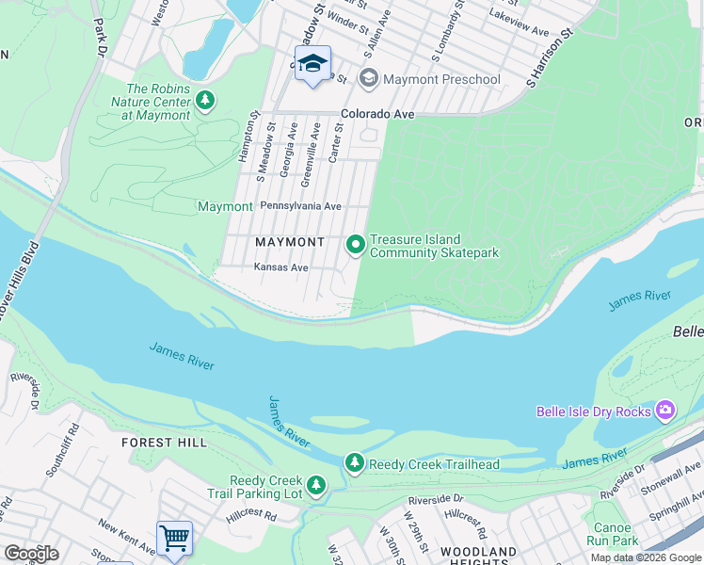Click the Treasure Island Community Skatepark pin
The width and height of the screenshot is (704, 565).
tap(356, 245)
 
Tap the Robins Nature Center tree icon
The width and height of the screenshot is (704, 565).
tap(205, 99)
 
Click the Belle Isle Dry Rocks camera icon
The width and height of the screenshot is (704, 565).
tap(666, 410)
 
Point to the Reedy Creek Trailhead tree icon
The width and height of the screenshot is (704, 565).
tap(354, 462)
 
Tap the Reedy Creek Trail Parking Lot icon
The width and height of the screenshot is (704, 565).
tap(317, 485)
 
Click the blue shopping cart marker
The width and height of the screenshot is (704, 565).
tap(174, 538)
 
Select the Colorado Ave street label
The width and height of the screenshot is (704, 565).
tap(377, 114)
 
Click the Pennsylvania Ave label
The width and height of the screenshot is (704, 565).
tap(300, 205)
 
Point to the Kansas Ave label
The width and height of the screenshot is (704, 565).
tap(281, 267)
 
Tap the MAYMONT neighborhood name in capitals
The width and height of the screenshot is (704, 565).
tap(290, 242)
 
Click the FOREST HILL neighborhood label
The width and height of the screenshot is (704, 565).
tap(160, 442)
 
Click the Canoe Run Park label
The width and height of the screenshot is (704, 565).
tap(616, 534)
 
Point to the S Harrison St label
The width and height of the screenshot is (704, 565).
tap(550, 58)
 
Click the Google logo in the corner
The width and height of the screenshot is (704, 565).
tap(31, 554)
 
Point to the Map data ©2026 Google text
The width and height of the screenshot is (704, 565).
tap(646, 557)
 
